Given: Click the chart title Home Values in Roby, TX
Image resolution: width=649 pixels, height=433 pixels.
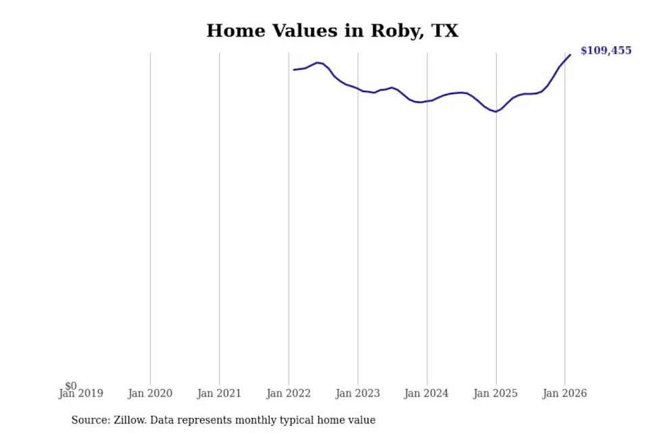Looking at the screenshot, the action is coord(333,31).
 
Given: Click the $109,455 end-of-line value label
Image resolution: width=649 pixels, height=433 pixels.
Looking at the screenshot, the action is coord(606,51).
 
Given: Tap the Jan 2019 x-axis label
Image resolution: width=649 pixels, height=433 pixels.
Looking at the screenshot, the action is coord(80,393).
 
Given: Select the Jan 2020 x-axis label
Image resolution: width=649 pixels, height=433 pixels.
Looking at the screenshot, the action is coord(150,393).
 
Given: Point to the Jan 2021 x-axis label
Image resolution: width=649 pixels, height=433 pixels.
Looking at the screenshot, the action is coord(219,393).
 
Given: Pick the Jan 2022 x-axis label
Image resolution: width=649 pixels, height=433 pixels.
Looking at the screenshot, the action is coord(289,393).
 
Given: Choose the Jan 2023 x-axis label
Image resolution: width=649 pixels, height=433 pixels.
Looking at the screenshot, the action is coord(358,393).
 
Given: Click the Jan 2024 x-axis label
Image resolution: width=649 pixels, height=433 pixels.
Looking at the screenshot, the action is coord(427,393).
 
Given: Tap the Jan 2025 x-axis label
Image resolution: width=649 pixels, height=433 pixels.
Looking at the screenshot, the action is coord(496,393).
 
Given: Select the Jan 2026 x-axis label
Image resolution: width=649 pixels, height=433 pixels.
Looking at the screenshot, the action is coord(564,393).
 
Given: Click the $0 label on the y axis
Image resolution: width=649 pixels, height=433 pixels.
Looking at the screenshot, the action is coord(71,386).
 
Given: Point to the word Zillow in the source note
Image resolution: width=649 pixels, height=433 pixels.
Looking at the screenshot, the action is coord(130,420).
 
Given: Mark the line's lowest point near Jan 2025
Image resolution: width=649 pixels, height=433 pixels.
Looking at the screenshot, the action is coord(496,112).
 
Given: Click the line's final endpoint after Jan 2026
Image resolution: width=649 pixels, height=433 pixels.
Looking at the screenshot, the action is coord(571,55).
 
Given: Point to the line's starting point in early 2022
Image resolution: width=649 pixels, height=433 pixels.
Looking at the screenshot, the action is coord(294,70).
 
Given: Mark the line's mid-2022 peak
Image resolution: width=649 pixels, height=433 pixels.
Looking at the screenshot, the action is coord(318,62).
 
